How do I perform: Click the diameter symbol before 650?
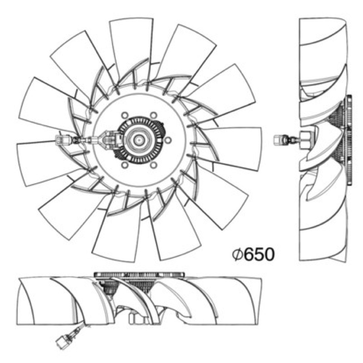[x=237, y=255]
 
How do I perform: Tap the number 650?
[x=259, y=255]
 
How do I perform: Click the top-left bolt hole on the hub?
[x=125, y=115]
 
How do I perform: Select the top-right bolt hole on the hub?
[x=153, y=115]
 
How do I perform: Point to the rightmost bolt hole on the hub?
[x=168, y=140]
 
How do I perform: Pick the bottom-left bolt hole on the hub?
[x=125, y=165]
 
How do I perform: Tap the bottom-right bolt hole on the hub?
[x=153, y=165]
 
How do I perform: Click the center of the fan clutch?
[x=139, y=140]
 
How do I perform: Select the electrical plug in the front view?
[x=63, y=140]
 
